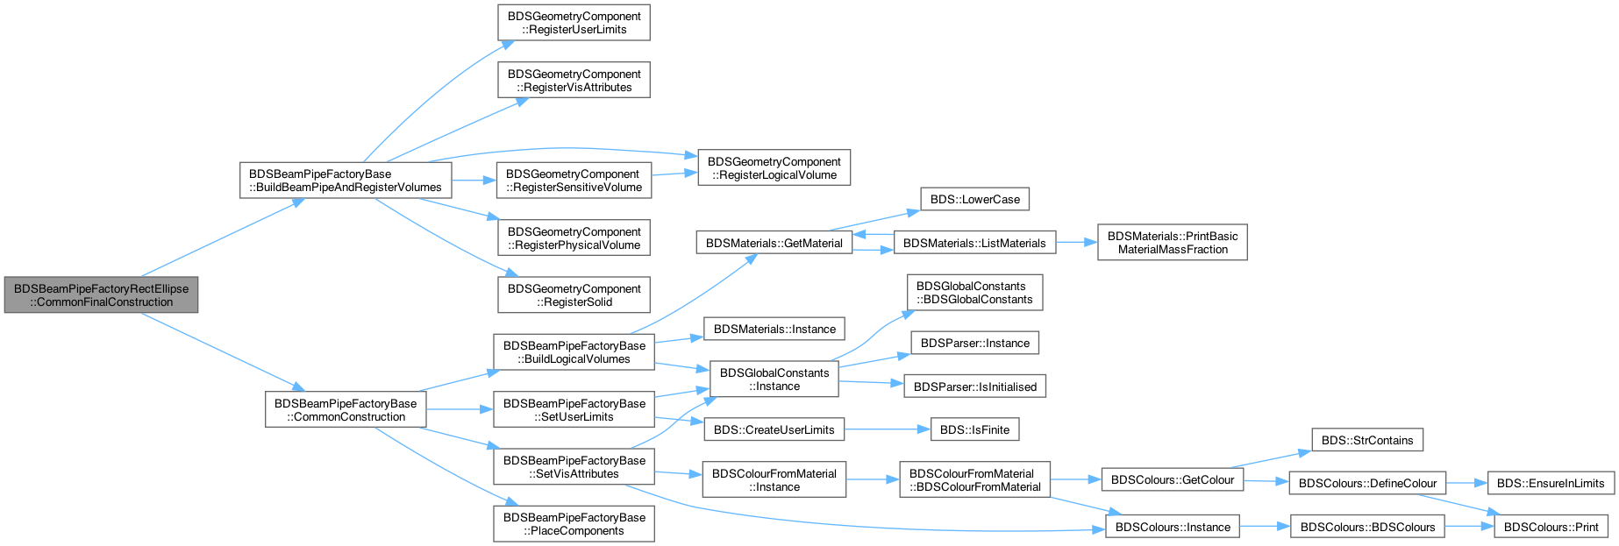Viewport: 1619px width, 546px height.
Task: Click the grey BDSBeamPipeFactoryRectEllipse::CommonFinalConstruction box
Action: (x=101, y=295)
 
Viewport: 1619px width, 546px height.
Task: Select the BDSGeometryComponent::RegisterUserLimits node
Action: (x=574, y=23)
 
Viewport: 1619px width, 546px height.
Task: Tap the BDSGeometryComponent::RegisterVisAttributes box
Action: (x=574, y=81)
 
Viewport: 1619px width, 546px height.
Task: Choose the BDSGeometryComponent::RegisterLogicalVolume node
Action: (x=774, y=167)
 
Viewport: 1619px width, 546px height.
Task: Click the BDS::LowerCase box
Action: (x=974, y=199)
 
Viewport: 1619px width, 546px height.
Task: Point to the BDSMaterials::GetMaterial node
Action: (x=774, y=243)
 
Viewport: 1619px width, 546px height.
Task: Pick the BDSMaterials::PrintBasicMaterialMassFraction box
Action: (x=1172, y=243)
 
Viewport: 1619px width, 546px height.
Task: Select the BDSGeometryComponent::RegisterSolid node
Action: (x=574, y=295)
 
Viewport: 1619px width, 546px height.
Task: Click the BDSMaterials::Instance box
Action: (x=774, y=329)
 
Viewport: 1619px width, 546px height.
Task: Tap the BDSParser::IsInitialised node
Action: (x=974, y=386)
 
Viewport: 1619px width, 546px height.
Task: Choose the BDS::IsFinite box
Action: (x=974, y=429)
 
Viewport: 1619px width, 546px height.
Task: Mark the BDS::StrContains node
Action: (x=1367, y=440)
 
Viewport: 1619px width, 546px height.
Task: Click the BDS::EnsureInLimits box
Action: (x=1550, y=483)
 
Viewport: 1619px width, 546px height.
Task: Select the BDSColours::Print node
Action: (x=1551, y=527)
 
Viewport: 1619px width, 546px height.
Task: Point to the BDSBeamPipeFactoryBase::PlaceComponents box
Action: (x=574, y=524)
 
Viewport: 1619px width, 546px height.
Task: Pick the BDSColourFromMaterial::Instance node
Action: (x=774, y=480)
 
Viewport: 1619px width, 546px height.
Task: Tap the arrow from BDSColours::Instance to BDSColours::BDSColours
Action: (x=1265, y=527)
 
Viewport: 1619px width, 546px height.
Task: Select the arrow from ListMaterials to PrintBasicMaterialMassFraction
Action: (x=1076, y=243)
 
